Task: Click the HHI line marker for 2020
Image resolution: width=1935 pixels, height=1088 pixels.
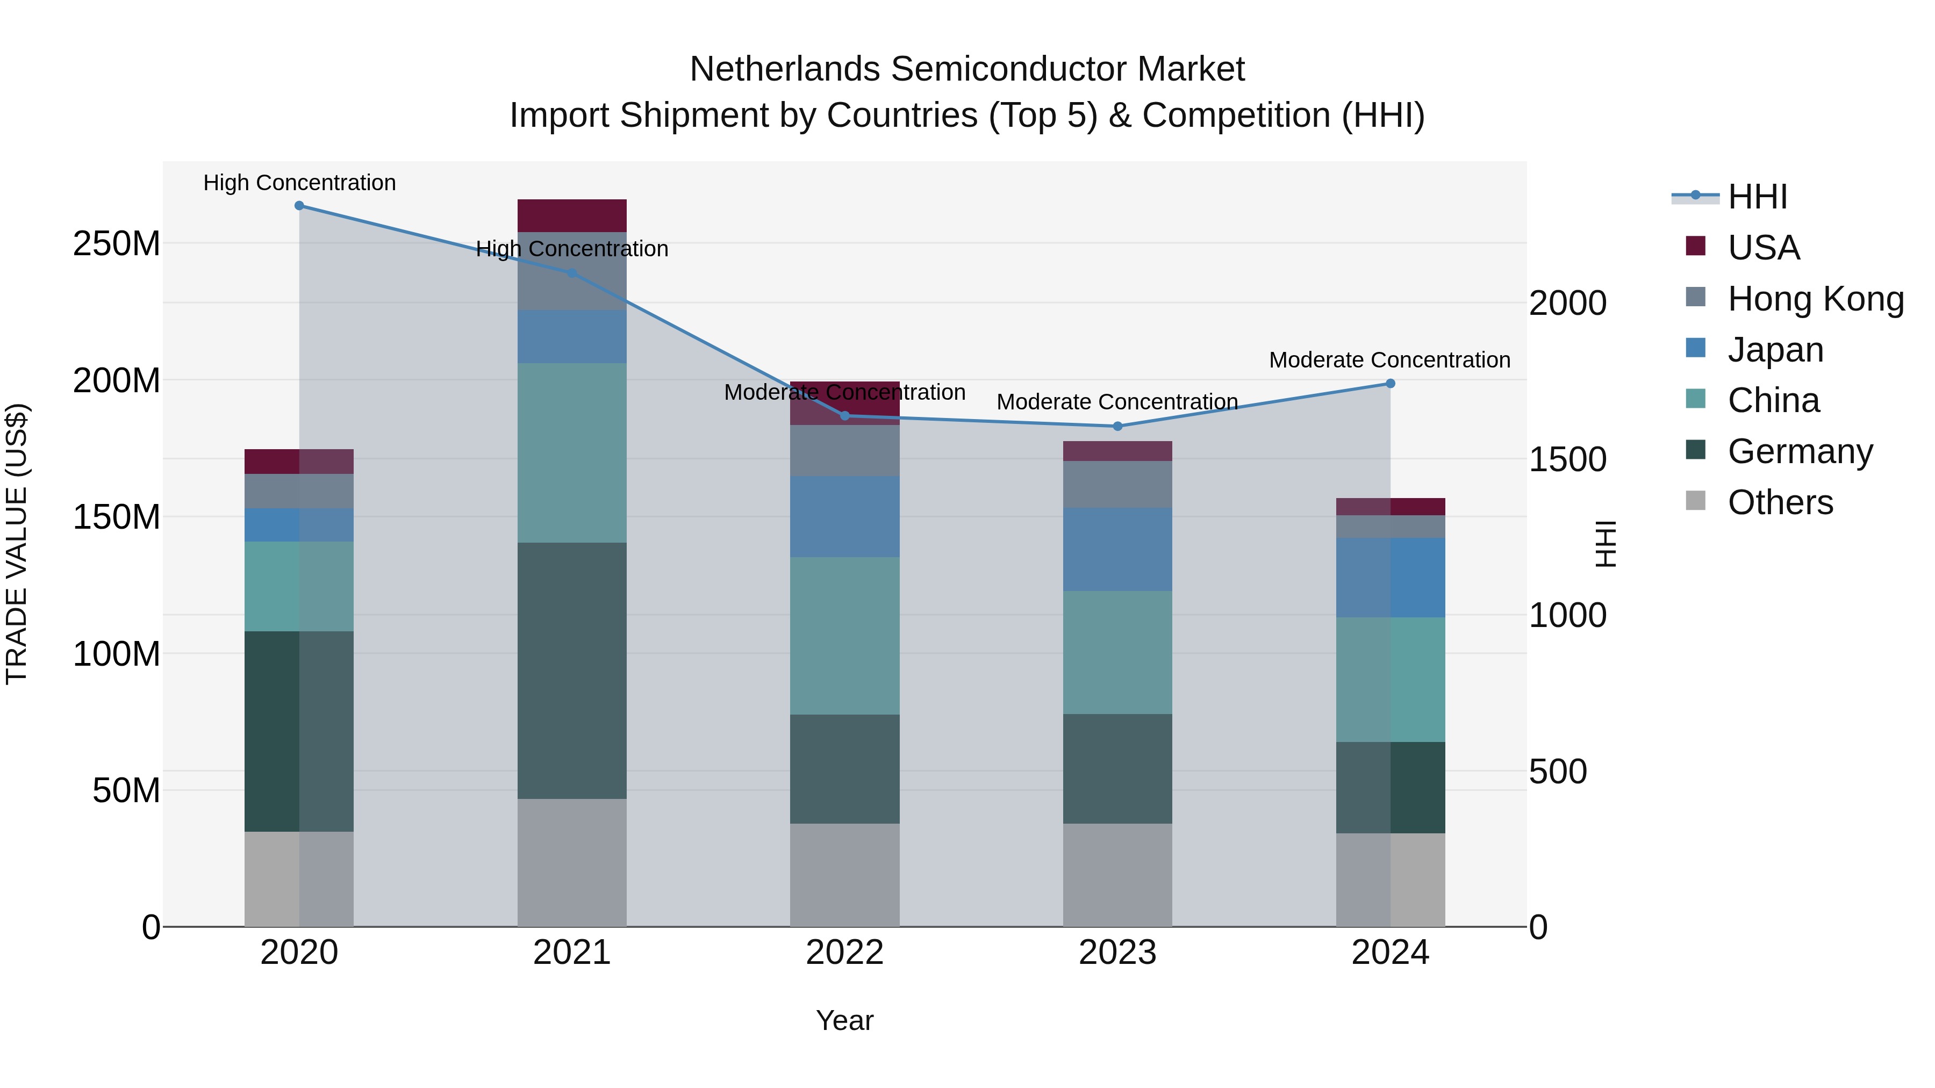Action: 299,206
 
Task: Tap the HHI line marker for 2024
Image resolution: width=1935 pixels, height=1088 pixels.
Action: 1389,384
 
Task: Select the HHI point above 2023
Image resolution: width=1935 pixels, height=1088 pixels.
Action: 1117,427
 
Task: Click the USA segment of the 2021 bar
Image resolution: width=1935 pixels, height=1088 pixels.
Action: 572,215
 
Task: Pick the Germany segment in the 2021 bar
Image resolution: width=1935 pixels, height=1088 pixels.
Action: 572,670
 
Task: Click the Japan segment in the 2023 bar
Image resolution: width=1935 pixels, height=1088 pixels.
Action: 1117,549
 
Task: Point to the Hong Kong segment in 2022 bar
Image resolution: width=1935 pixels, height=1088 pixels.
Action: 844,451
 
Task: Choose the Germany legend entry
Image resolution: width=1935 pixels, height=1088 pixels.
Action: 1800,451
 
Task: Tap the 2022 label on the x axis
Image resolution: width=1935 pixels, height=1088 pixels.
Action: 844,953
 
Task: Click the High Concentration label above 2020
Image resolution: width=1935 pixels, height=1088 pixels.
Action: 299,183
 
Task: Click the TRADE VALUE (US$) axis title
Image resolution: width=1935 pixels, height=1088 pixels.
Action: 17,544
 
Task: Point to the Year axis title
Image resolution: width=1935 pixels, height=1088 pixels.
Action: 844,1020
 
